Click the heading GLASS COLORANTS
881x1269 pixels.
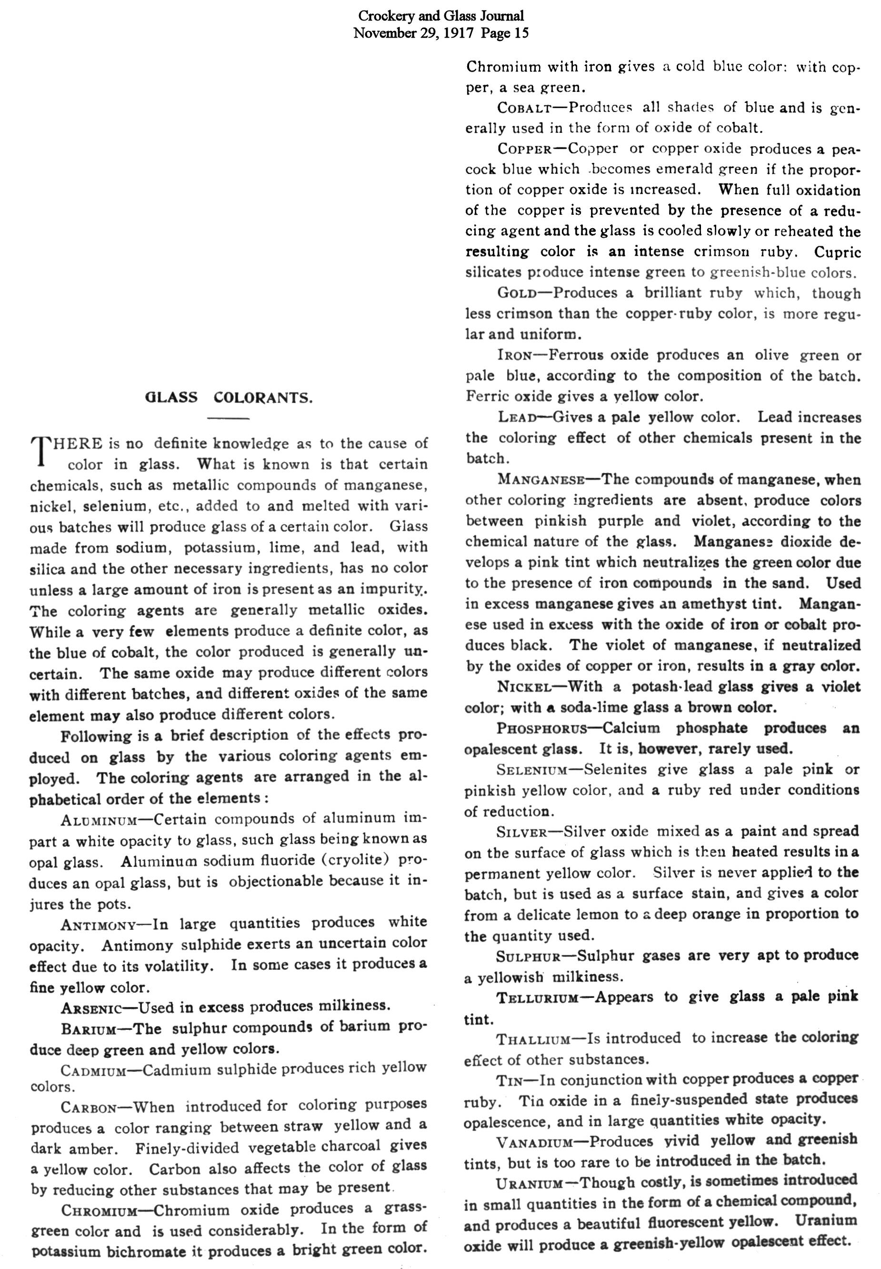tap(228, 398)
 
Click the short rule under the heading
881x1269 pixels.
tap(228, 419)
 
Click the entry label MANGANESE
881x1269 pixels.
tap(541, 479)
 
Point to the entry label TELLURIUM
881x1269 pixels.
tap(537, 998)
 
